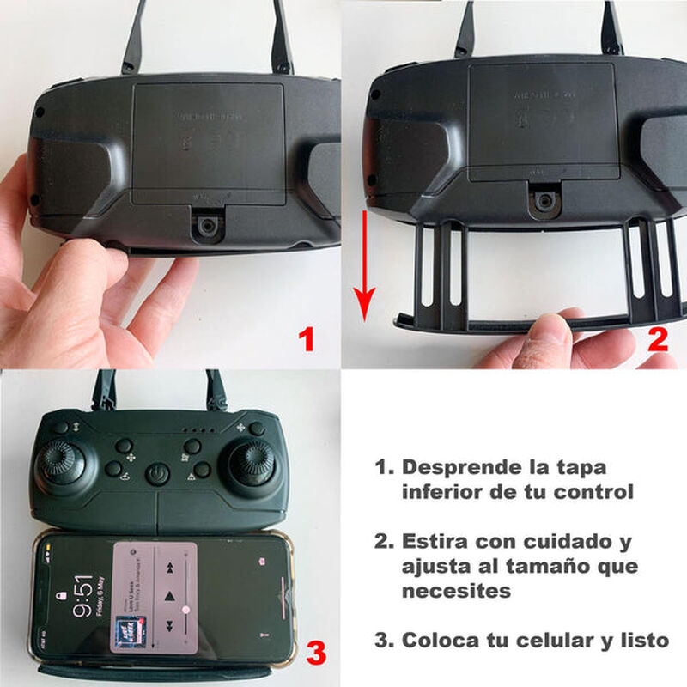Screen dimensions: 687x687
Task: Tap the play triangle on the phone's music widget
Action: click(x=171, y=595)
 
